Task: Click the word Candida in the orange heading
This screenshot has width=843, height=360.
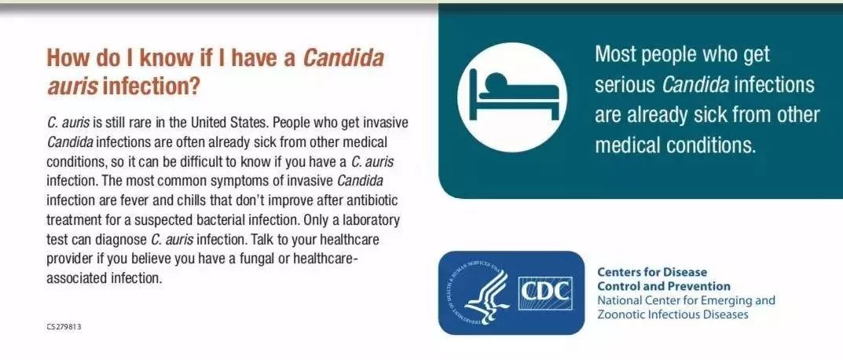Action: pyautogui.click(x=344, y=58)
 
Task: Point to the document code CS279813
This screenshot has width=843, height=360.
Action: pyautogui.click(x=64, y=327)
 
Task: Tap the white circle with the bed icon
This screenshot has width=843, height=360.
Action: pyautogui.click(x=511, y=97)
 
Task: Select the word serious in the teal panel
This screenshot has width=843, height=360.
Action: pyautogui.click(x=625, y=85)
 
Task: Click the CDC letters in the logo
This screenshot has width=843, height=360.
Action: pyautogui.click(x=544, y=292)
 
